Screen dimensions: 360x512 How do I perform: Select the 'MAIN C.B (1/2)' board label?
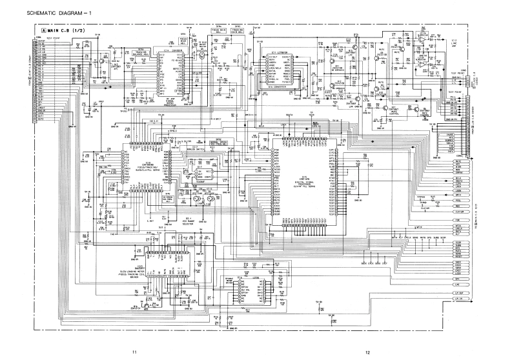[68, 31]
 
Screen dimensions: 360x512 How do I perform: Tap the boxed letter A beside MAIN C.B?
[45, 31]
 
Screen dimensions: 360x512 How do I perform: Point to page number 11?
[134, 352]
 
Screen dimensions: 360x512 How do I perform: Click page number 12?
[367, 352]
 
